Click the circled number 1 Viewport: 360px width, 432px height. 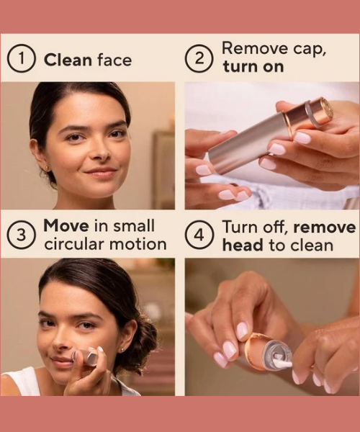(x=22, y=60)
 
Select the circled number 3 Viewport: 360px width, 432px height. (x=21, y=235)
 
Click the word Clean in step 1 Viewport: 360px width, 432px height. (x=68, y=60)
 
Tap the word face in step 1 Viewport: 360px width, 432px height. (x=114, y=60)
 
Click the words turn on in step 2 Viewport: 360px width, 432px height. (x=253, y=67)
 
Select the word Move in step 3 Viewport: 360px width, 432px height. (x=66, y=225)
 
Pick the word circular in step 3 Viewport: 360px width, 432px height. (x=74, y=244)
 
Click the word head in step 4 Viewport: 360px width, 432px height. (x=243, y=245)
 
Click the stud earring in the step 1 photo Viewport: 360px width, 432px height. (x=47, y=168)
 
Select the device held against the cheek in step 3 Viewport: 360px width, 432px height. (x=86, y=357)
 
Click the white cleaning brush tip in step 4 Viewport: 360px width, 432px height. (x=283, y=364)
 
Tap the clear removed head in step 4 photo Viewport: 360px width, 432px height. (x=276, y=354)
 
